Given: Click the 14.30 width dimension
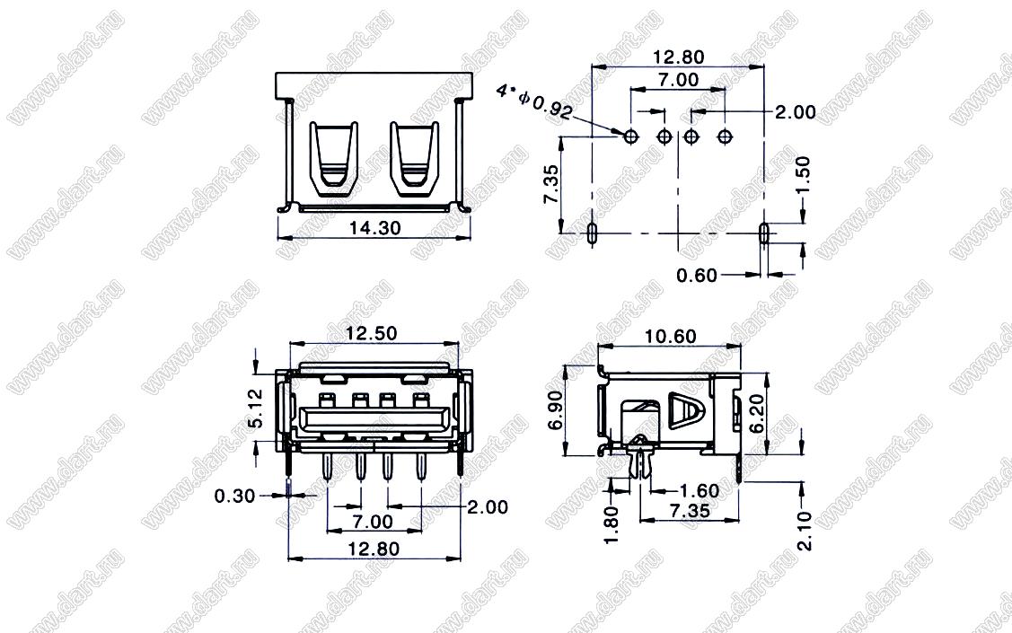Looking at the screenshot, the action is click(374, 228).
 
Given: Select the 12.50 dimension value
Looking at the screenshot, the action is click(372, 334).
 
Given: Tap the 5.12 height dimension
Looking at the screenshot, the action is click(255, 409).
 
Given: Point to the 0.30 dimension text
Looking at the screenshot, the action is click(235, 497).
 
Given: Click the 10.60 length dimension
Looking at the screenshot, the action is click(671, 336).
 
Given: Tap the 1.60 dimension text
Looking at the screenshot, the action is click(699, 490).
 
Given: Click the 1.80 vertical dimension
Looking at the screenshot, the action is click(612, 524).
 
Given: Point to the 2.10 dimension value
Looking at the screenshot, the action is click(805, 531).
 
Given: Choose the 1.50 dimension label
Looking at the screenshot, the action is click(802, 175).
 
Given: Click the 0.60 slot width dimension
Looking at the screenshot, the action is click(697, 276).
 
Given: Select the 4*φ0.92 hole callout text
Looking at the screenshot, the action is click(533, 101).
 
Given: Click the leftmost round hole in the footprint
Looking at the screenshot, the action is click(630, 136).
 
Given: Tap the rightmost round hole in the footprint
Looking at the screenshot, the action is click(725, 136).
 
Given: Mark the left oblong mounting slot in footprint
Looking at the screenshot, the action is click(592, 233).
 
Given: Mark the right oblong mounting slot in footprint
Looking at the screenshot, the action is click(764, 233).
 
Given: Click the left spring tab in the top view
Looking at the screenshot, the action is click(333, 159).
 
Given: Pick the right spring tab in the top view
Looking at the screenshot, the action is click(414, 159).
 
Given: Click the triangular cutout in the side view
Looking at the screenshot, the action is click(685, 409).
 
